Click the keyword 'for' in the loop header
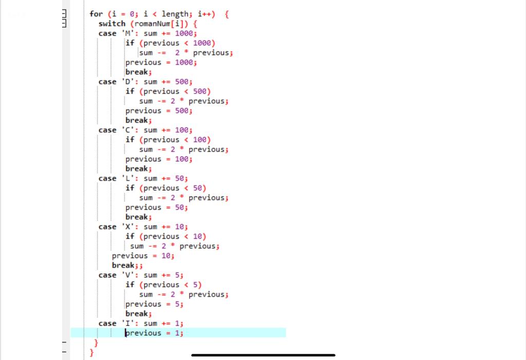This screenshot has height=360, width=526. tap(96, 14)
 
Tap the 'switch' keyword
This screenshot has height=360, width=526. tap(111, 24)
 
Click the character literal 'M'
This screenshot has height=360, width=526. tap(128, 33)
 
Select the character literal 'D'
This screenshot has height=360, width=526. tap(128, 82)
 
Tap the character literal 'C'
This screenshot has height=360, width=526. tap(128, 130)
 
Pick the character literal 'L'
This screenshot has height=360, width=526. tap(128, 178)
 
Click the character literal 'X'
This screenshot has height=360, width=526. tap(128, 226)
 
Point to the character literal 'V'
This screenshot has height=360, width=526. tap(128, 275)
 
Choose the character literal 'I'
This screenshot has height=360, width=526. tap(128, 323)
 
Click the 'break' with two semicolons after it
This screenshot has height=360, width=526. tap(123, 266)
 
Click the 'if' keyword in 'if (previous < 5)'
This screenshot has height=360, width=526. tap(130, 285)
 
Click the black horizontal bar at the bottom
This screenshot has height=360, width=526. tap(263, 355)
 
